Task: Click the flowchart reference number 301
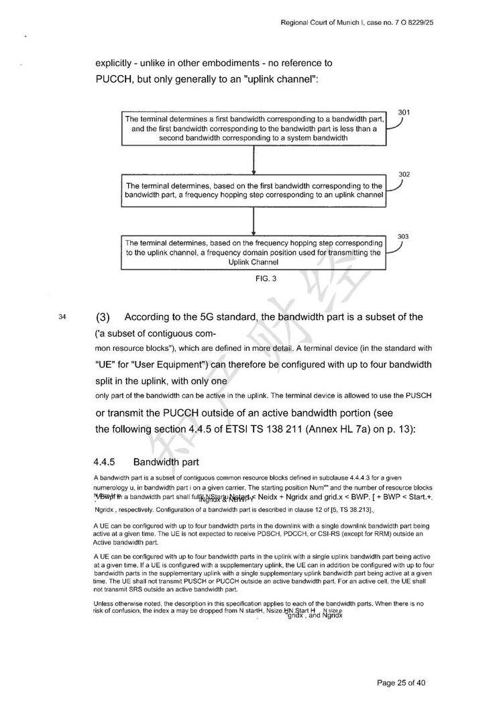pyautogui.click(x=404, y=112)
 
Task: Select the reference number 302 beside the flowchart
pyautogui.click(x=404, y=174)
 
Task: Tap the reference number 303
pyautogui.click(x=403, y=237)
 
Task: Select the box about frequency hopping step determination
pyautogui.click(x=254, y=190)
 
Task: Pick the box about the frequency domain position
pyautogui.click(x=254, y=253)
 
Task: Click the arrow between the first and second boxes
pyautogui.click(x=254, y=160)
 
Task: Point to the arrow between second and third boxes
pyautogui.click(x=254, y=221)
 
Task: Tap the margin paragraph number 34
pyautogui.click(x=63, y=317)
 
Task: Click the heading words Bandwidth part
pyautogui.click(x=166, y=462)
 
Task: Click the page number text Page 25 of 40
pyautogui.click(x=401, y=683)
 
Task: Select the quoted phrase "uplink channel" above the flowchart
pyautogui.click(x=281, y=78)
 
